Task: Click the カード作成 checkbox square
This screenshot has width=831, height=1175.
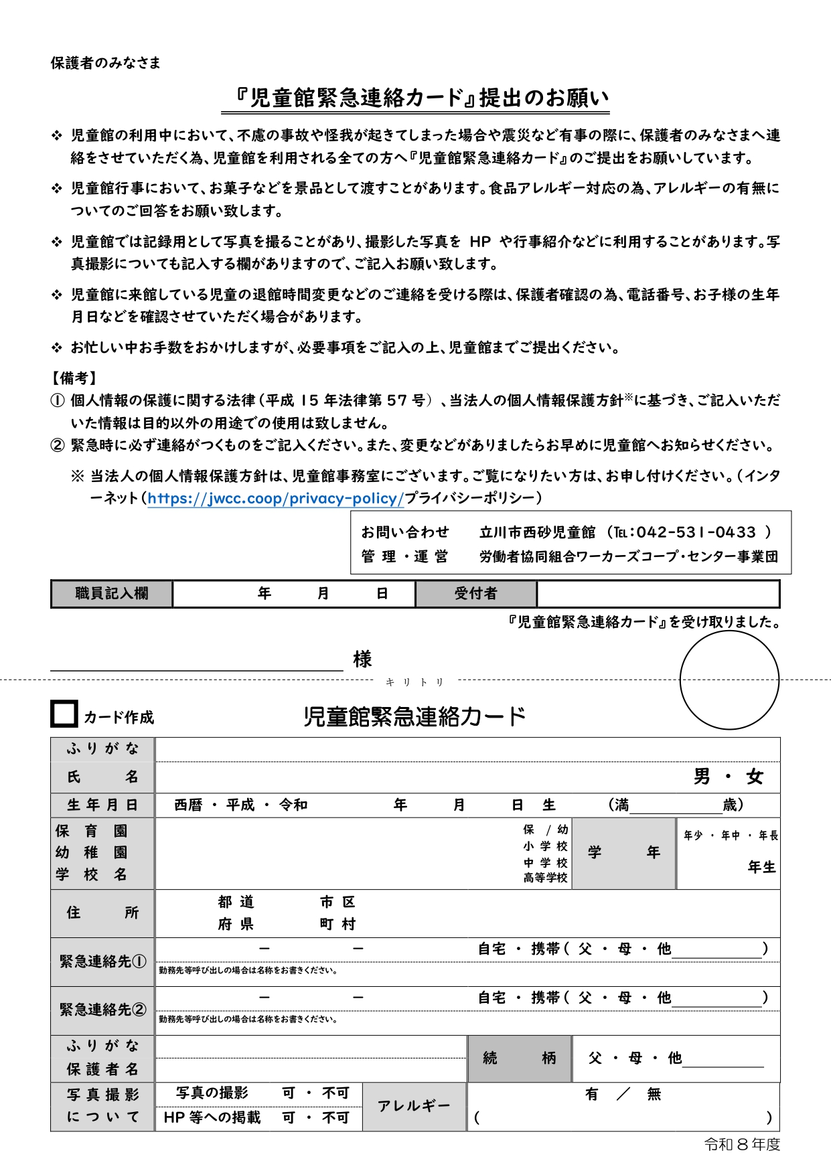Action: pyautogui.click(x=64, y=714)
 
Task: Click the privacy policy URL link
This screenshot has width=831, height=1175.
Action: pyautogui.click(x=275, y=498)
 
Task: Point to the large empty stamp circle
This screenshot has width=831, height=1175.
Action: pyautogui.click(x=729, y=680)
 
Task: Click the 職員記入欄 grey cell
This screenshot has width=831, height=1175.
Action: pyautogui.click(x=112, y=594)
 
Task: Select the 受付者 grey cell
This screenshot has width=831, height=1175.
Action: pyautogui.click(x=475, y=594)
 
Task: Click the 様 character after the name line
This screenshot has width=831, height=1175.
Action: pyautogui.click(x=362, y=659)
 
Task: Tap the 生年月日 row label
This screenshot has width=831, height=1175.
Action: pyautogui.click(x=102, y=805)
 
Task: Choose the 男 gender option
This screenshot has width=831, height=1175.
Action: pyautogui.click(x=702, y=777)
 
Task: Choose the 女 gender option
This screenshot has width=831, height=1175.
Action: pyautogui.click(x=755, y=777)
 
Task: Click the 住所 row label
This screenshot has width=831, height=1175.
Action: pyautogui.click(x=102, y=913)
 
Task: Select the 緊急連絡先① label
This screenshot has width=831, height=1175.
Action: pyautogui.click(x=102, y=961)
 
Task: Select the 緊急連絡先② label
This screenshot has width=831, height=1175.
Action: pyautogui.click(x=102, y=1010)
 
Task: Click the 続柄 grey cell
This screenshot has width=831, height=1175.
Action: pyautogui.click(x=520, y=1059)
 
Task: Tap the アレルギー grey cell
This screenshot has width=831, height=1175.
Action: pyautogui.click(x=414, y=1106)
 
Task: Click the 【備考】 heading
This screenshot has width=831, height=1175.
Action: pyautogui.click(x=74, y=378)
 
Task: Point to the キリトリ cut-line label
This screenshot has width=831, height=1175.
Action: pyautogui.click(x=415, y=682)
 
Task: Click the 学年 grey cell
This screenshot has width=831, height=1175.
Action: pyautogui.click(x=624, y=852)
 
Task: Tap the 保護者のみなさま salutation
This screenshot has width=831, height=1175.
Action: pyautogui.click(x=106, y=63)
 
